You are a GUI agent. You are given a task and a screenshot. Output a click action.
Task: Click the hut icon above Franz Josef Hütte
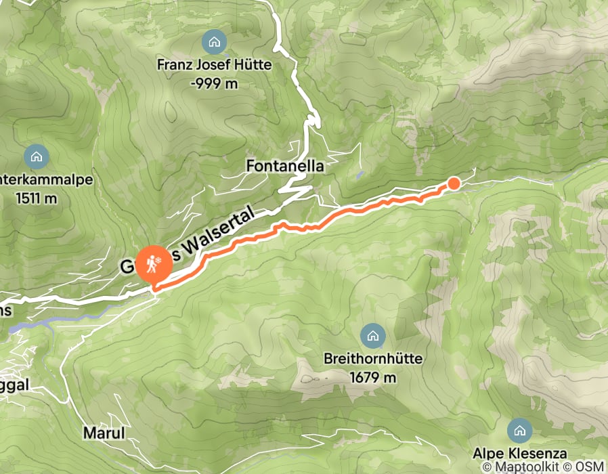214,43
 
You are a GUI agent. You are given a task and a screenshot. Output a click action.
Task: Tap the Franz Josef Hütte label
214,66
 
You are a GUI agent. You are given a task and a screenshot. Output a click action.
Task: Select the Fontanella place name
285,165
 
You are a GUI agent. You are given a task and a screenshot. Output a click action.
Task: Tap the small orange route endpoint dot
454,183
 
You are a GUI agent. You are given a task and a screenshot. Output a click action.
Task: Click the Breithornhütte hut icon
372,335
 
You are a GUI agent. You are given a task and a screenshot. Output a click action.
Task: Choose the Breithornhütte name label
372,359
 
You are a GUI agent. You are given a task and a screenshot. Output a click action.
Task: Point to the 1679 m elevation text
372,377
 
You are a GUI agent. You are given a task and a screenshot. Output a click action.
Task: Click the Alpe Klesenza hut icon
519,429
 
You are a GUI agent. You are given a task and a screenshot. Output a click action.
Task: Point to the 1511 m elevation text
35,199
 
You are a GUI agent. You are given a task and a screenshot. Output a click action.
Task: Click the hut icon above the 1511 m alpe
35,158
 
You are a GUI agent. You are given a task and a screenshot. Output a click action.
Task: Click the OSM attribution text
589,467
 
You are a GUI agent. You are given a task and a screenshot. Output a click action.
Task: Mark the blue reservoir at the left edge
30,326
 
